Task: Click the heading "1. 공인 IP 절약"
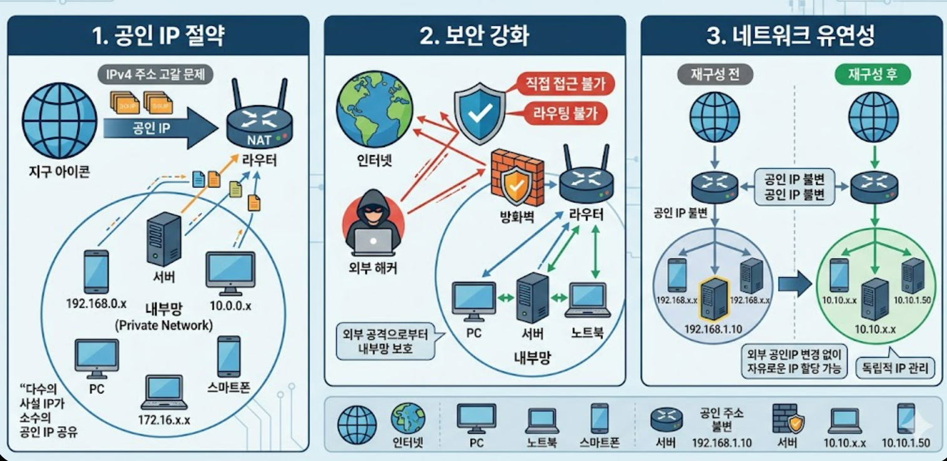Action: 158,36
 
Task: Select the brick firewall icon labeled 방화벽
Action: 517,179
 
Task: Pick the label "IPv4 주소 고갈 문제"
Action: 156,75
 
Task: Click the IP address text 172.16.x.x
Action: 164,419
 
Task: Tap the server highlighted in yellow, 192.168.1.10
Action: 713,299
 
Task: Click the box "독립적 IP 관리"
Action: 894,368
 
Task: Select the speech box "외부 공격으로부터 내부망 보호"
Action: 385,341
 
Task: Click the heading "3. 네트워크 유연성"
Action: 791,36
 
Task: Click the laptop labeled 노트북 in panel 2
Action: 587,300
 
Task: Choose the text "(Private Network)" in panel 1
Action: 164,326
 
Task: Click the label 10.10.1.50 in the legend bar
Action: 906,443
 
